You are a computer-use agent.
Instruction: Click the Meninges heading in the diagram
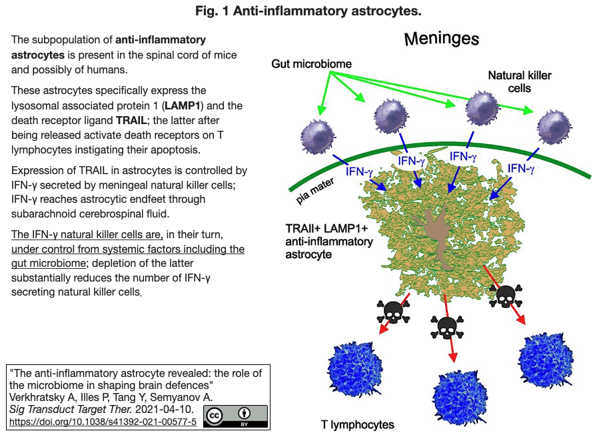[x=442, y=39]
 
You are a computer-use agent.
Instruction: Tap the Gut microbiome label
[x=311, y=64]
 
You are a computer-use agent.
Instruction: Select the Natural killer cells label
[x=520, y=82]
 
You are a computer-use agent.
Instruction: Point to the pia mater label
[x=315, y=191]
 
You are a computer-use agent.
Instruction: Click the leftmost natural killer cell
[x=318, y=137]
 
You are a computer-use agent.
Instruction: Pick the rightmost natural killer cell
[x=554, y=127]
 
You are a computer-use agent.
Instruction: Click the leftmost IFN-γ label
[x=359, y=171]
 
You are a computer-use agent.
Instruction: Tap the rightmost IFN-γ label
[x=520, y=168]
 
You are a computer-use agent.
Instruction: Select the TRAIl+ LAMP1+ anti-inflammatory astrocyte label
[x=329, y=242]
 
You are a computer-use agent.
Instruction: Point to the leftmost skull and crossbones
[x=393, y=312]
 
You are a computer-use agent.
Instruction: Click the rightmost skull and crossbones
[x=506, y=296]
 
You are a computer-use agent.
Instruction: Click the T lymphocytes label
[x=358, y=424]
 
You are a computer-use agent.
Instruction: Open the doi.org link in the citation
[x=103, y=422]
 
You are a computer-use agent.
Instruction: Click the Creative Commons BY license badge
[x=235, y=416]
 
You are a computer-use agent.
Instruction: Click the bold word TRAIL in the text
[x=131, y=121]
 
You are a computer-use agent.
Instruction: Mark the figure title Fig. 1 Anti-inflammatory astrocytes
[x=308, y=11]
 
